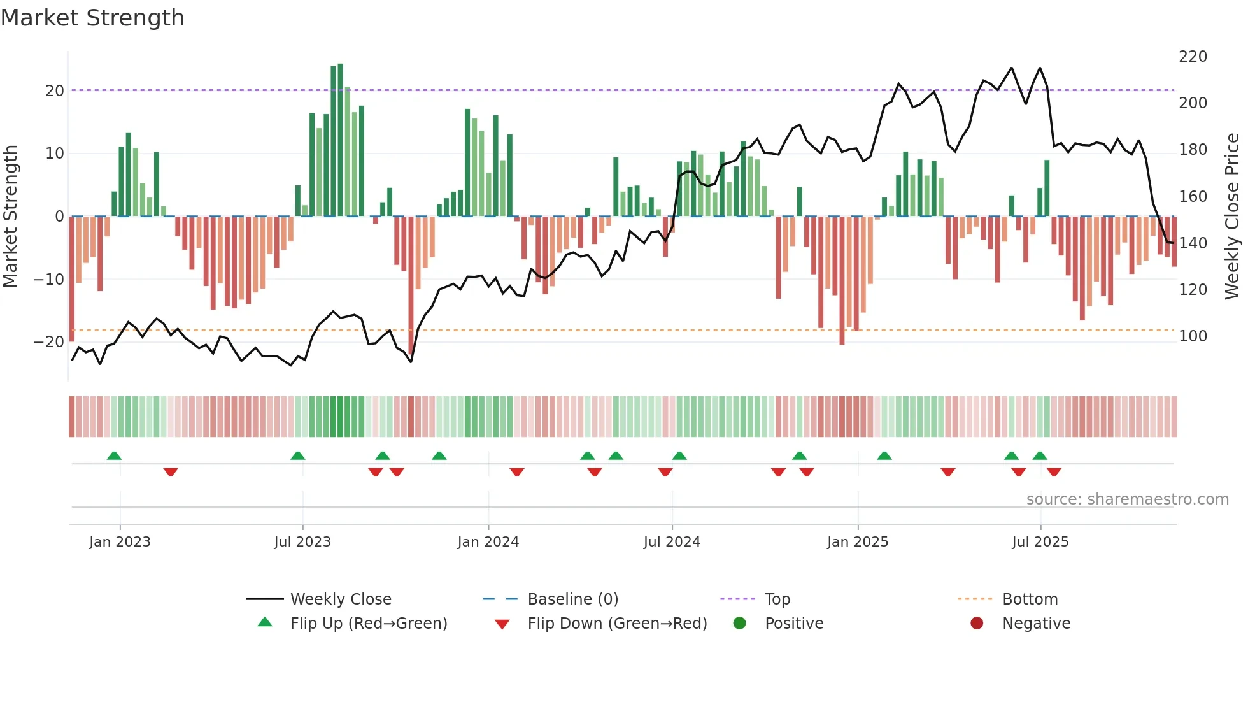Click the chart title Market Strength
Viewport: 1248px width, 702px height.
pos(92,18)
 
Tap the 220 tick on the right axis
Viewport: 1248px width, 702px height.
pos(1193,57)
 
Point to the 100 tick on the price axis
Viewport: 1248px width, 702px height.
pos(1193,336)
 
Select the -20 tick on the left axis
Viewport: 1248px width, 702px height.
pos(49,342)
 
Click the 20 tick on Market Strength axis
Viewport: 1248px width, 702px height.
pos(54,91)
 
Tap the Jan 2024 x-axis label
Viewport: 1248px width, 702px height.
pos(488,542)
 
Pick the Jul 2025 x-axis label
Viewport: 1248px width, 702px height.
pos(1040,542)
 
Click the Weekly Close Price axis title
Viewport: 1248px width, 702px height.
pos(1232,217)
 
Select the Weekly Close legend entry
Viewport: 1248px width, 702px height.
pos(340,599)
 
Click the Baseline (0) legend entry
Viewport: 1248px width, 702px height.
pos(572,599)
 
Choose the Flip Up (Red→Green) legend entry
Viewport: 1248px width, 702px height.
pos(368,624)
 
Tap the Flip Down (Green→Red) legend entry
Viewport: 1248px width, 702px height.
pos(616,624)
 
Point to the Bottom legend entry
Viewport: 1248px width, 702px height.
pos(1030,599)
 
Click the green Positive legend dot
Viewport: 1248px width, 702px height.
pos(739,624)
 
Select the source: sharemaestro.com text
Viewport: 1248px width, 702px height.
pos(1127,499)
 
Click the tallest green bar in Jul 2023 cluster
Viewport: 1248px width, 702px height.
pos(340,140)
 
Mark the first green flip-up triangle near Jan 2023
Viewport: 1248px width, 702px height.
pos(114,455)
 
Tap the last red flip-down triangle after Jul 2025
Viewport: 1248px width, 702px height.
pos(1054,472)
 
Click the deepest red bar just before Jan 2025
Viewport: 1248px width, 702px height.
pos(842,280)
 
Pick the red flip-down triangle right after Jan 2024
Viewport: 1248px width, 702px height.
pos(517,472)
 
